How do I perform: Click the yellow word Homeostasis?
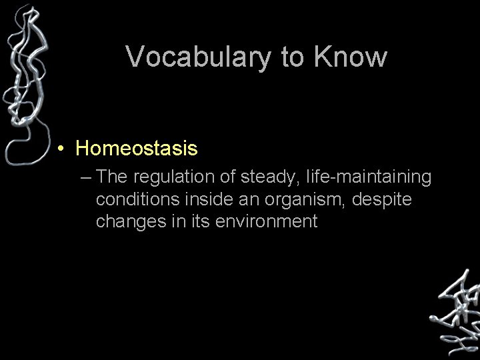[137, 148]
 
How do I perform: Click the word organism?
[309, 199]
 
